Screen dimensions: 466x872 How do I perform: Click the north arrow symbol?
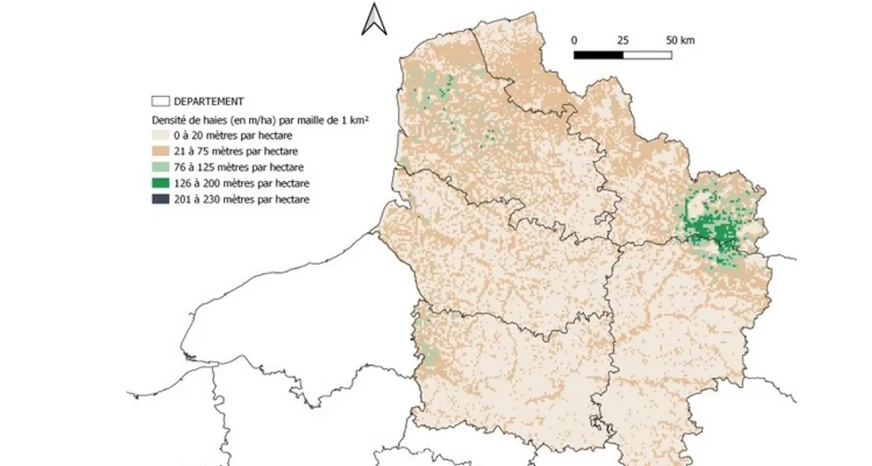point(373,19)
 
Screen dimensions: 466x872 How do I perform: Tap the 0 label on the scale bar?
point(574,40)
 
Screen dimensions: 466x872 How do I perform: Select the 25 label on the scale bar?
point(622,40)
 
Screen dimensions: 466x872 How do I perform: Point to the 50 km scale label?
point(680,40)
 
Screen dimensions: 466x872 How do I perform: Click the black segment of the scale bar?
point(598,55)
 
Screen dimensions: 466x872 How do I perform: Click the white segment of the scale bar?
point(647,55)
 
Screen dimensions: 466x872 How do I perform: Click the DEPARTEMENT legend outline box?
point(161,102)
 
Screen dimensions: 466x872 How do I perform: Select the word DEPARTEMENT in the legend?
point(208,102)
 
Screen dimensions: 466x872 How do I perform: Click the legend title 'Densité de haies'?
point(262,119)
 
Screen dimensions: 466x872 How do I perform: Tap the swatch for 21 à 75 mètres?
point(161,151)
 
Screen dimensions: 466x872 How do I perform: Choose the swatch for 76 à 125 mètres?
point(161,167)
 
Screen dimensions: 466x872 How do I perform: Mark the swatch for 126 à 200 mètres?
point(161,183)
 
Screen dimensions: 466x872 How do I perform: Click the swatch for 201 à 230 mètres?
point(161,199)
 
